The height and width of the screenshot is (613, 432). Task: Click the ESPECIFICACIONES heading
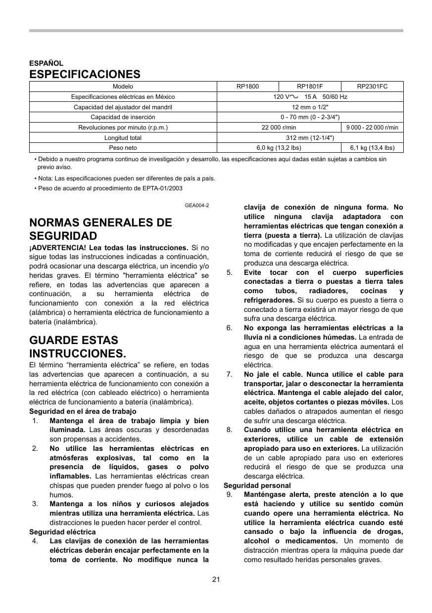pyautogui.click(x=85, y=75)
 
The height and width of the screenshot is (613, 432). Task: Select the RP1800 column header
pyautogui.click(x=247, y=87)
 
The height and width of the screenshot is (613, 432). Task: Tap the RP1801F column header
pyautogui.click(x=310, y=87)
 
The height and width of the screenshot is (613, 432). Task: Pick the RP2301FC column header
pyautogui.click(x=372, y=87)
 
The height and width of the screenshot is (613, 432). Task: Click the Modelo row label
pyautogui.click(x=123, y=87)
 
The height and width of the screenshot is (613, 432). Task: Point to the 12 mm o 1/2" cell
pyautogui.click(x=310, y=107)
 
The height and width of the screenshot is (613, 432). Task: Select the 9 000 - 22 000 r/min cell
pyautogui.click(x=372, y=128)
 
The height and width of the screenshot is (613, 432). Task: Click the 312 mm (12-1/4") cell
pyautogui.click(x=310, y=137)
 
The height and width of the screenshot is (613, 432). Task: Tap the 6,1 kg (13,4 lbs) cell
pyautogui.click(x=372, y=147)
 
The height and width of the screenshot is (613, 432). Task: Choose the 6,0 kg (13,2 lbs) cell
pyautogui.click(x=279, y=147)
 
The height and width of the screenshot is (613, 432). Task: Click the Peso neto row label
pyautogui.click(x=123, y=147)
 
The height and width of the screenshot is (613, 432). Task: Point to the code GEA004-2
pyautogui.click(x=197, y=205)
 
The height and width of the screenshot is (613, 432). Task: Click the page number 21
pyautogui.click(x=216, y=579)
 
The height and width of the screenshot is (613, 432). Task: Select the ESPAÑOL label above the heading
pyautogui.click(x=46, y=63)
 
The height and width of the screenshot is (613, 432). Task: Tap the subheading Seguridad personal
pyautogui.click(x=257, y=485)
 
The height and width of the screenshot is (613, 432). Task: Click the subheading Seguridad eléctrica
pyautogui.click(x=62, y=532)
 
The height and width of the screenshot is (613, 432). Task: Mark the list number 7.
pyautogui.click(x=230, y=374)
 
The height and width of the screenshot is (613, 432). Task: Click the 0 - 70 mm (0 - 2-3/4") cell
pyautogui.click(x=310, y=117)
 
